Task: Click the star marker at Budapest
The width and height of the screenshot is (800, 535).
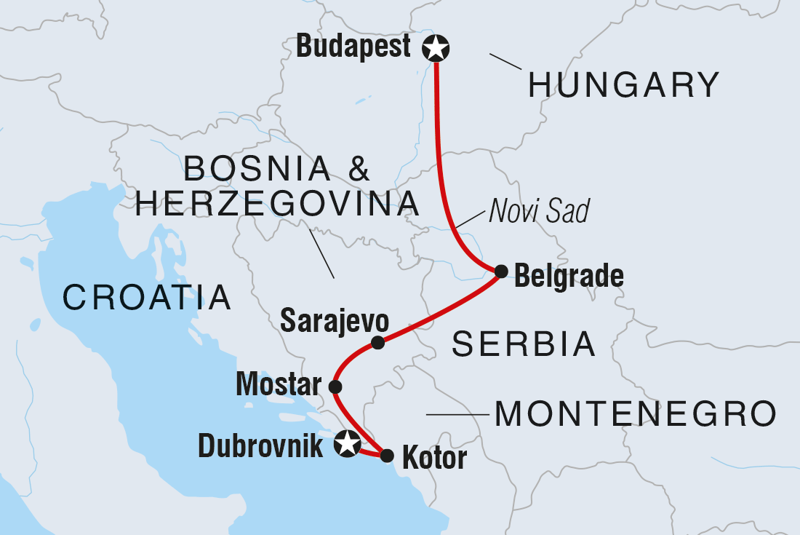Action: [436, 49]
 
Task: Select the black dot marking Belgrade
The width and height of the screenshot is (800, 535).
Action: [501, 272]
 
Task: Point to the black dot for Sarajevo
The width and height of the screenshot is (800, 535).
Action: [377, 343]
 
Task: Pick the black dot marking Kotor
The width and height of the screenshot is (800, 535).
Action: [387, 456]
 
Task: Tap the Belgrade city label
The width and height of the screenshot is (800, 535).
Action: [569, 277]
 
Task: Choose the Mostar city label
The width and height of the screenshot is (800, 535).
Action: [279, 385]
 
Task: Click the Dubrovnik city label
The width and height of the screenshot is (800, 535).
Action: [260, 445]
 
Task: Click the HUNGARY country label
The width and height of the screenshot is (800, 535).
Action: [623, 85]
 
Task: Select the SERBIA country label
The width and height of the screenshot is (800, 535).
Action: [524, 344]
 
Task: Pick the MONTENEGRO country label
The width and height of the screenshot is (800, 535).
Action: [635, 415]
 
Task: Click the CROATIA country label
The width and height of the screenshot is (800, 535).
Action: [147, 298]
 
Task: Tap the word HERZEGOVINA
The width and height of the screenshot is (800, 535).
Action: [277, 204]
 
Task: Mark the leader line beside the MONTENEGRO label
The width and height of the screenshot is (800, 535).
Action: [456, 415]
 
